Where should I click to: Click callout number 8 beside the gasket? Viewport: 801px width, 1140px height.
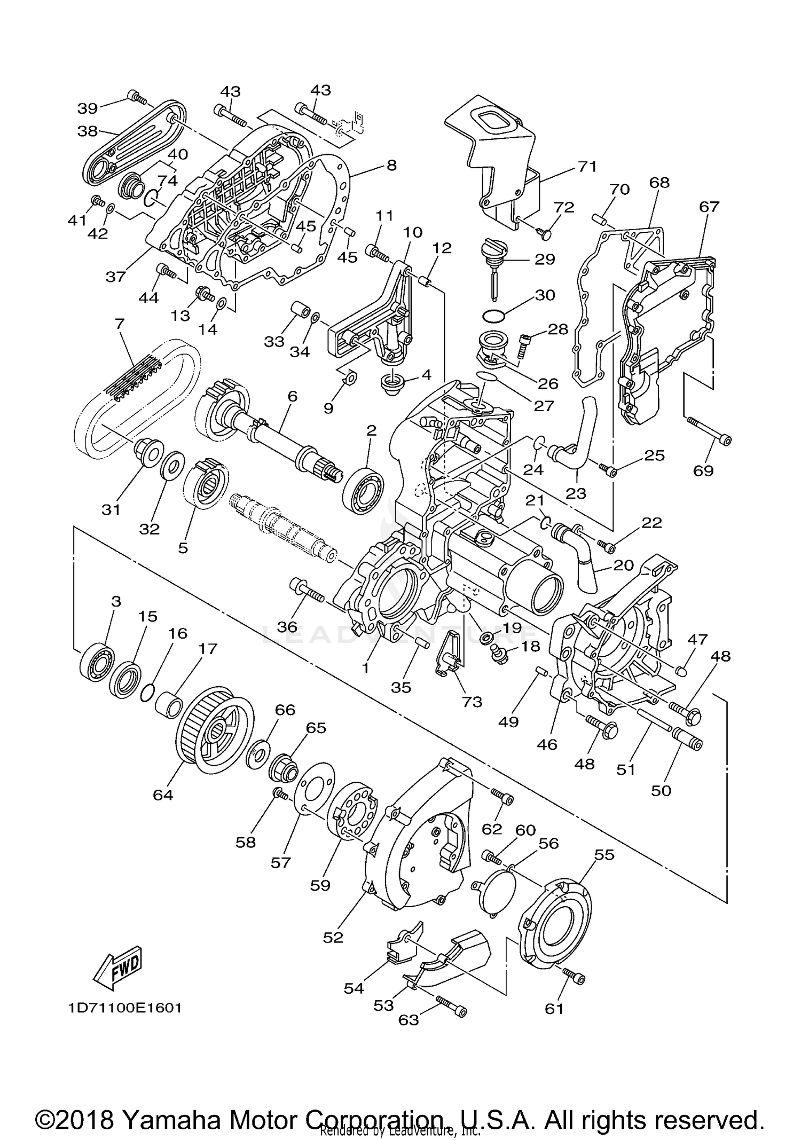391,166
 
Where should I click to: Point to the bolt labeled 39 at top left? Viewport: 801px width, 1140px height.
137,97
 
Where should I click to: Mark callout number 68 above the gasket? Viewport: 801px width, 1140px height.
659,183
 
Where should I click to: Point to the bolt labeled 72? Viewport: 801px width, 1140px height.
545,232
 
